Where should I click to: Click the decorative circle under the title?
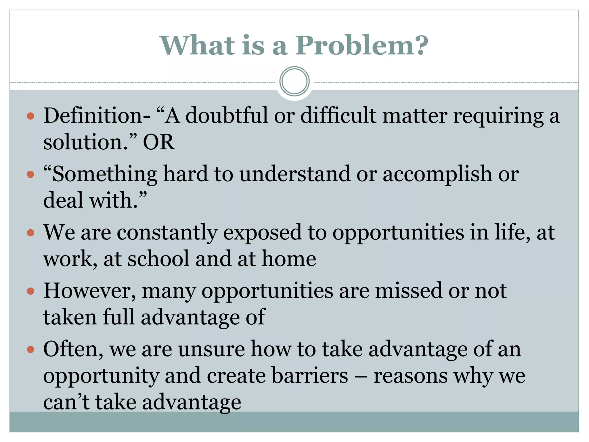294,81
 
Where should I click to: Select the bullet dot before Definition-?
30,116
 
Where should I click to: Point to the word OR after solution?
159,142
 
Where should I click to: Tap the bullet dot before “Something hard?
30,174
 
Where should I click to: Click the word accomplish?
437,174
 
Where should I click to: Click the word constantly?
167,233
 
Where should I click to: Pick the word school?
158,259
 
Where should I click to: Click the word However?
89,291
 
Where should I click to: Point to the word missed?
408,291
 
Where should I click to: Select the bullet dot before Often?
30,350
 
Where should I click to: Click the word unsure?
211,349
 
